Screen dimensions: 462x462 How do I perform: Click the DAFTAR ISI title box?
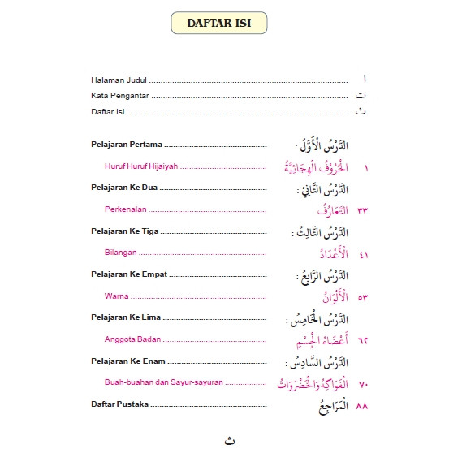(218, 24)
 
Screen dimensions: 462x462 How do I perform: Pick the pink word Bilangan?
(119, 253)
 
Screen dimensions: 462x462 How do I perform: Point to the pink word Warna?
(117, 296)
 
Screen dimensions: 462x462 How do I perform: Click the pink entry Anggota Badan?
(132, 339)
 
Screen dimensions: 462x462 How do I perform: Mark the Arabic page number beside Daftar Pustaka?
(363, 404)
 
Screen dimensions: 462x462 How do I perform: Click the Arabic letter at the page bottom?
(231, 441)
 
